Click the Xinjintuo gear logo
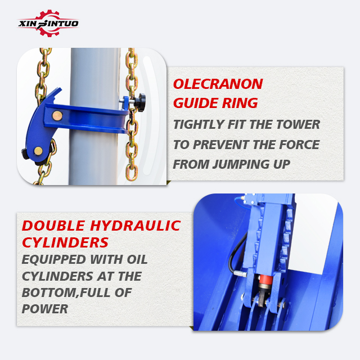[x=48, y=23]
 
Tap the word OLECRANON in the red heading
[x=218, y=84]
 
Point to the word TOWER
[x=298, y=124]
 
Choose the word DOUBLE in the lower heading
[x=53, y=226]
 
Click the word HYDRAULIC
[x=136, y=226]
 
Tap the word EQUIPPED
[x=54, y=260]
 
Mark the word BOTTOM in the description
[x=50, y=292]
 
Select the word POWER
[x=45, y=309]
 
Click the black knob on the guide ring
[x=140, y=102]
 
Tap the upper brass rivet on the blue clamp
[x=57, y=116]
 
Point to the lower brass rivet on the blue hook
[x=38, y=151]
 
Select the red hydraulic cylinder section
[x=266, y=279]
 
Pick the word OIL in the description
[x=137, y=260]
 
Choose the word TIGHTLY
[x=199, y=124]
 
